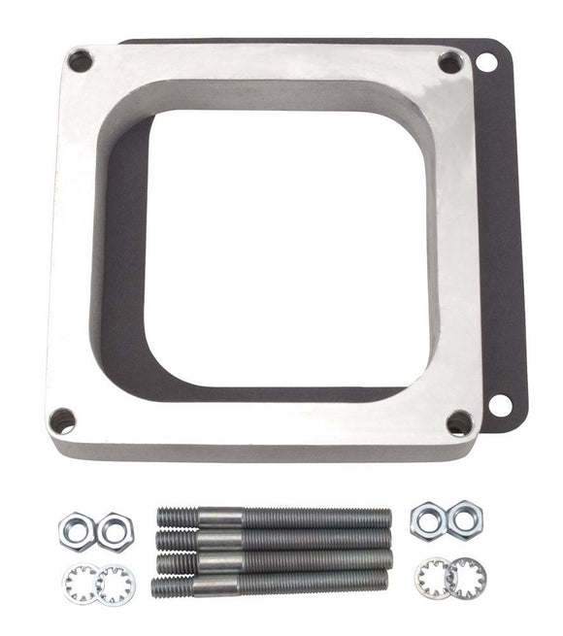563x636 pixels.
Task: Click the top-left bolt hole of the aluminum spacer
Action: pos(80,60)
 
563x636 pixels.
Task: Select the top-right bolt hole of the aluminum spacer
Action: pos(450,62)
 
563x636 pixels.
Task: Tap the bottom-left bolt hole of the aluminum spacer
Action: pos(61,420)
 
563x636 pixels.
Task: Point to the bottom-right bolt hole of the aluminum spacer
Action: pos(459,422)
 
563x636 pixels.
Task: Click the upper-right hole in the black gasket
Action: pos(486,62)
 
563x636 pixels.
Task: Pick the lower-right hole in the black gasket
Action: pos(500,404)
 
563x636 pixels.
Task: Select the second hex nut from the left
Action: pos(115,531)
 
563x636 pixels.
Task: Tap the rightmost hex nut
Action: pos(464,519)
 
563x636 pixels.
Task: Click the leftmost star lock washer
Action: pos(79,584)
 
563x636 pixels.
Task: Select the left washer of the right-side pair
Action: pos(433,579)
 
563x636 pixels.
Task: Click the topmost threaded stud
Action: pos(274,518)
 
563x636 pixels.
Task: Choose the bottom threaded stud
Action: pos(270,584)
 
